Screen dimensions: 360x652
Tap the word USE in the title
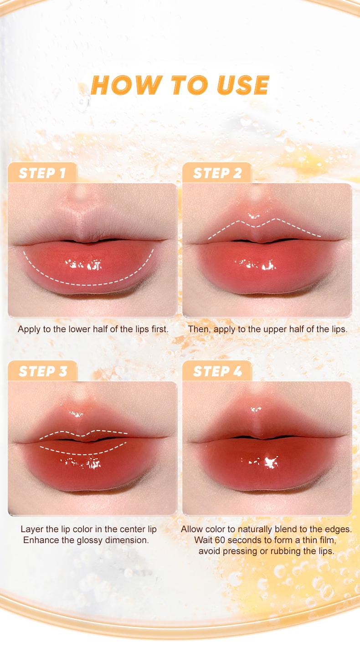pos(243,85)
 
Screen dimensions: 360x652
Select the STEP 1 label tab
pos(42,173)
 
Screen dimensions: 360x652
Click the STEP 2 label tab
pos(217,173)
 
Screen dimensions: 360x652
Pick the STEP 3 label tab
pos(42,371)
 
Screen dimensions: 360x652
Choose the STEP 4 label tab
pos(217,371)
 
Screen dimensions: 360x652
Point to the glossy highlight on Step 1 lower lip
pos(83,265)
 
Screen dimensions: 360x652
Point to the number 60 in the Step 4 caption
pos(220,540)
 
